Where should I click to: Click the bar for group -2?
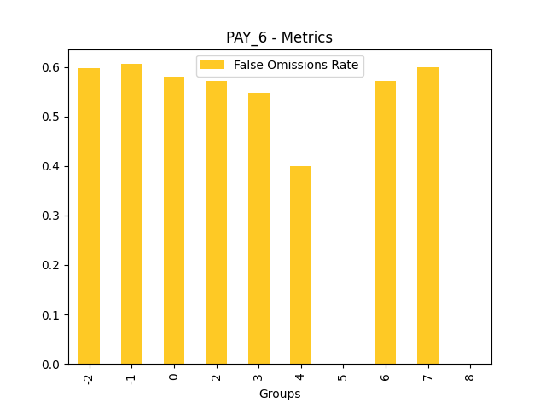[x=89, y=216]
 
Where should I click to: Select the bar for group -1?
[x=131, y=214]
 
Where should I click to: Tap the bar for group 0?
[x=174, y=221]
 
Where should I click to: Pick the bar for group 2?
[x=216, y=222]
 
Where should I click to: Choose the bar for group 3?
[x=258, y=228]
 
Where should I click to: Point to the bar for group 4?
[x=300, y=265]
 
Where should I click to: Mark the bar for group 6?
[x=385, y=222]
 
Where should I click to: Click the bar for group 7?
[x=427, y=216]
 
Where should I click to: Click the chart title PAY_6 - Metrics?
[x=279, y=37]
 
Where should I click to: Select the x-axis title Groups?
[x=279, y=394]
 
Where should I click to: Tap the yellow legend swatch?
[x=212, y=66]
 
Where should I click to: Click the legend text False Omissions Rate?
[x=296, y=66]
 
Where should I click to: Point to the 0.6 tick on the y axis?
[x=52, y=67]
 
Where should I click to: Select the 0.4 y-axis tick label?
[x=52, y=166]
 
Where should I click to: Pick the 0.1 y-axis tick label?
[x=52, y=314]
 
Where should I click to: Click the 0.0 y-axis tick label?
[x=52, y=364]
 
